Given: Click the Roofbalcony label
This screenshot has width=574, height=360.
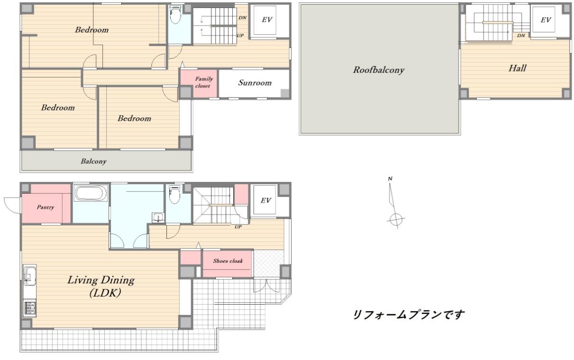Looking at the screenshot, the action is click(x=379, y=70).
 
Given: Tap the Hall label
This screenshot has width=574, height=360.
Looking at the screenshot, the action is click(x=518, y=68).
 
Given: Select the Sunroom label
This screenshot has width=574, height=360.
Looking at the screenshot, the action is click(x=255, y=83).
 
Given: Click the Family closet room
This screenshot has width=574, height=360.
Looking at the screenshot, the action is click(x=199, y=83).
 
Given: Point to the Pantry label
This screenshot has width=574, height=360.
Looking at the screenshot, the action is click(x=46, y=207).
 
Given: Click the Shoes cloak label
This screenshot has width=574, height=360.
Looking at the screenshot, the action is click(x=228, y=261).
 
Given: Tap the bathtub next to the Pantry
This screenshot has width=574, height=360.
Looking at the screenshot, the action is click(x=91, y=192).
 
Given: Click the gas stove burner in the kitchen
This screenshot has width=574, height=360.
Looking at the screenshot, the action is click(x=30, y=308).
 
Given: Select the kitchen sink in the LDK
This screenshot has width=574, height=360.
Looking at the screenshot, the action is click(x=30, y=276).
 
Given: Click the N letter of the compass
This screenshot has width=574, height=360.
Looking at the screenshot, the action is click(x=390, y=179).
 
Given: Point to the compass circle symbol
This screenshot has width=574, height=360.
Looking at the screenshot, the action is click(x=396, y=219).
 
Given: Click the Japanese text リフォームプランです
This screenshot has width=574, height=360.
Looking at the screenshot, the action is click(x=409, y=315).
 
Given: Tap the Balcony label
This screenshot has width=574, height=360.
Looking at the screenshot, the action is click(x=93, y=162).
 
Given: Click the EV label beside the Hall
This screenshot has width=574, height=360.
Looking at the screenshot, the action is click(x=546, y=20).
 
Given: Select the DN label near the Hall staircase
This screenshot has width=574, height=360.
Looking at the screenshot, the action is click(x=521, y=36).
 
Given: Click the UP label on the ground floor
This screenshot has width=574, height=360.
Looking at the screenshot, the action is click(x=238, y=226).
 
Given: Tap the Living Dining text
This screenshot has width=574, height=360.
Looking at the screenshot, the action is click(x=101, y=280).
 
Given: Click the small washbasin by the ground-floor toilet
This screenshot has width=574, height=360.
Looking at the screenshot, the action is click(x=158, y=218).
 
